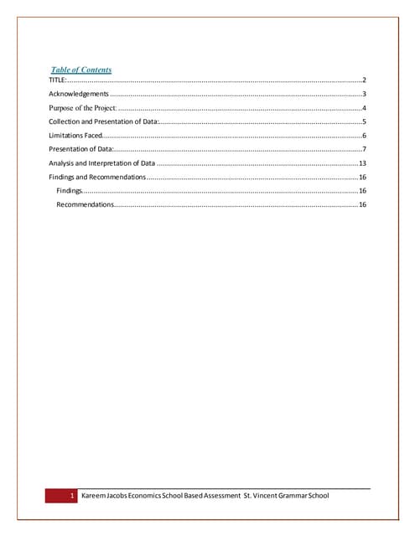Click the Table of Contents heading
(x=81, y=70)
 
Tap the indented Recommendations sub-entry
(x=85, y=205)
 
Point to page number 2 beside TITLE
(x=364, y=80)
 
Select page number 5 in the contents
(x=364, y=122)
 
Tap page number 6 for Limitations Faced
(x=364, y=136)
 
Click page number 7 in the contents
(x=364, y=149)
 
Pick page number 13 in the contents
(x=362, y=162)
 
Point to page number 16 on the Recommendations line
(x=362, y=205)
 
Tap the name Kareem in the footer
(x=96, y=497)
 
